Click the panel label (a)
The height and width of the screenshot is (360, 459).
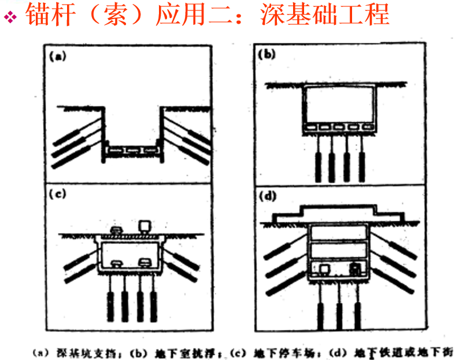[x=58, y=57]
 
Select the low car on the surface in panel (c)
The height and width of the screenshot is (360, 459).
[x=116, y=231]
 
